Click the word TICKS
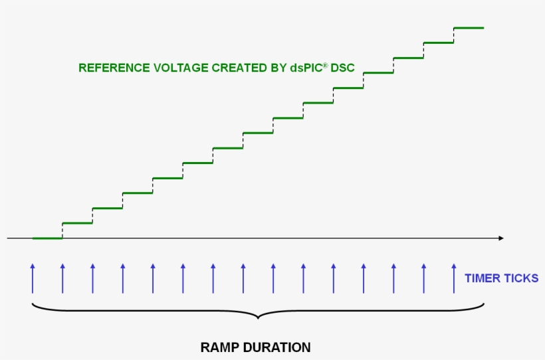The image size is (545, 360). click(x=522, y=278)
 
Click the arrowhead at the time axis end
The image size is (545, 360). click(x=500, y=238)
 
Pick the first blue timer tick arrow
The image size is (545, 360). click(x=32, y=278)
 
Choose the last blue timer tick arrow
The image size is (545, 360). click(x=454, y=278)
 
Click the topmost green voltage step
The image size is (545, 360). click(x=469, y=28)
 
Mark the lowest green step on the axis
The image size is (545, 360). click(x=47, y=238)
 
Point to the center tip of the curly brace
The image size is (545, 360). click(x=258, y=318)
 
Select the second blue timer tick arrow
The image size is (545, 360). click(x=62, y=278)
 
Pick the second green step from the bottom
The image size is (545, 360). click(x=77, y=223)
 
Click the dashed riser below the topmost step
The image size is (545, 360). click(x=454, y=35)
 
